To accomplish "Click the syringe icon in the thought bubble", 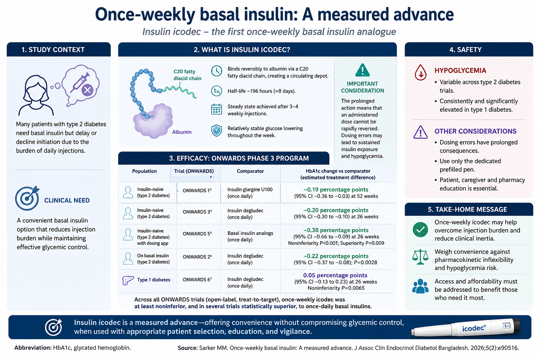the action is tap(80, 83).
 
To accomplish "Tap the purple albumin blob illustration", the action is tap(153, 121).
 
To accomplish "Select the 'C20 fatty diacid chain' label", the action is tap(187, 75).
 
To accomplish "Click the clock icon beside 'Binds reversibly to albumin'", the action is tap(217, 71).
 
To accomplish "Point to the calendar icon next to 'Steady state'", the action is tap(217, 109).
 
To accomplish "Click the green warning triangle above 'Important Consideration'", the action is tap(362, 70).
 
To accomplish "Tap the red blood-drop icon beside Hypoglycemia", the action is tap(420, 72).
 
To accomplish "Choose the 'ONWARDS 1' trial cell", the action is tap(197, 191).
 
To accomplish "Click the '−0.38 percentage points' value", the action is tap(336, 230).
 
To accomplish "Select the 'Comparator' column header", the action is tap(250, 171).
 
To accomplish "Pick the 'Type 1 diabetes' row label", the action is tap(154, 280).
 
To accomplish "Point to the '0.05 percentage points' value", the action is tap(335, 275).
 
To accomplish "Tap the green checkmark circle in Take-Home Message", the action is tap(420, 229).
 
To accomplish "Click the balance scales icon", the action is tap(420, 257).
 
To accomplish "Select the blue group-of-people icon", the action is tap(420, 286).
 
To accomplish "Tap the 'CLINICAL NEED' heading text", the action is tap(67, 200).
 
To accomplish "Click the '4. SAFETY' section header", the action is tap(465, 50).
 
